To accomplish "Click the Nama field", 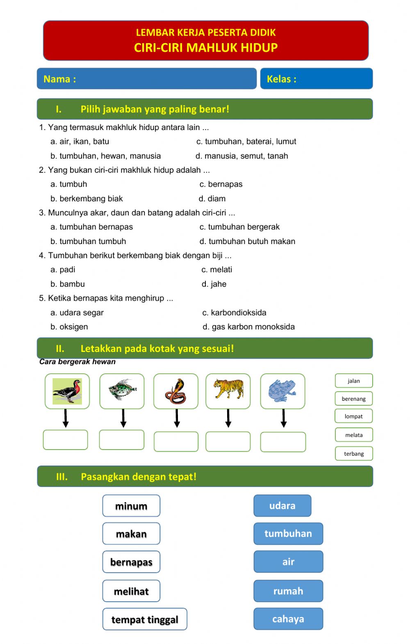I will coord(164,79).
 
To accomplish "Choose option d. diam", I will coord(212,199).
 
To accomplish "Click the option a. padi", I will coord(63,269).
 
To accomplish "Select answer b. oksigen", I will coord(69,327).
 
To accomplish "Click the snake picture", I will coord(175,391).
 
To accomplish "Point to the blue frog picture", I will coord(282,391).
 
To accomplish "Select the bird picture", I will coord(67,391).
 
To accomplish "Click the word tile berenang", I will coord(353,399).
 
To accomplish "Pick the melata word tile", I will coord(353,435).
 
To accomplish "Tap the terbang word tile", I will coord(353,454).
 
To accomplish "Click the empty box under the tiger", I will coord(228,442).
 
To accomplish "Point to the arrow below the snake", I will coord(177,418).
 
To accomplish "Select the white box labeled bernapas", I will coord(131,562).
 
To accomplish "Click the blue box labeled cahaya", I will coord(288,619).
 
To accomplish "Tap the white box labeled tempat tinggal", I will coord(145,619).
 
